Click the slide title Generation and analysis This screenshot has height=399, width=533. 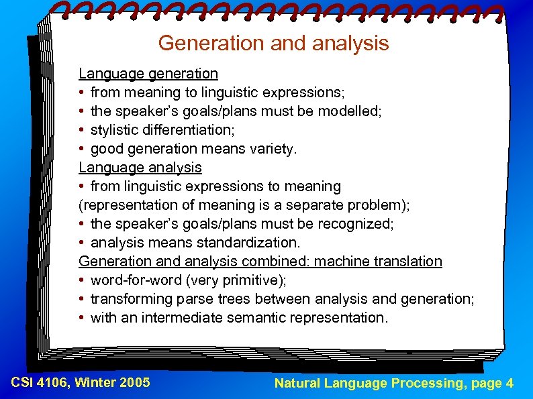click(x=273, y=44)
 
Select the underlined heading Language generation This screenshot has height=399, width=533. click(x=148, y=73)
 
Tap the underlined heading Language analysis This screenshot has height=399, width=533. click(x=140, y=167)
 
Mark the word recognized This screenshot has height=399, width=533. click(x=356, y=223)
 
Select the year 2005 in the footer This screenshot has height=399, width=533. click(x=135, y=383)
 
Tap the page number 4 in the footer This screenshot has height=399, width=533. click(x=510, y=384)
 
